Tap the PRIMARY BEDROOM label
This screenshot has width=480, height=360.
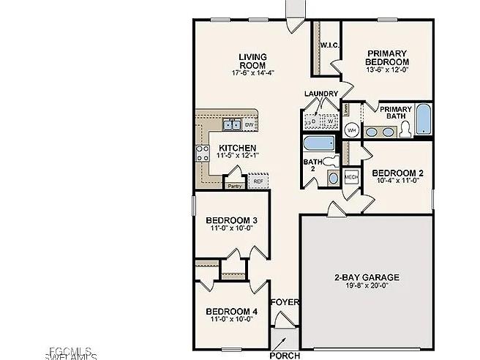coord(387,58)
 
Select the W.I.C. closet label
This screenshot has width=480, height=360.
coord(328,46)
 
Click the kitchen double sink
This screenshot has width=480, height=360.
coord(232,125)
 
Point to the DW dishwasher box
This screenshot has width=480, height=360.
coord(250,126)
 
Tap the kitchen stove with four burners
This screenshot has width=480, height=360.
coord(202,153)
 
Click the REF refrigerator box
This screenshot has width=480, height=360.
coord(258,181)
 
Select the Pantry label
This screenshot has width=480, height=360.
coord(234,186)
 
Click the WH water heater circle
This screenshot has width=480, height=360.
coord(351,130)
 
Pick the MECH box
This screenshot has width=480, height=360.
coord(351,176)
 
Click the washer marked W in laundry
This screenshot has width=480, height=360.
coord(330,121)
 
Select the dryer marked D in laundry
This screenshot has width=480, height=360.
coord(312,121)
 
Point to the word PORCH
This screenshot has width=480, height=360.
coord(285,356)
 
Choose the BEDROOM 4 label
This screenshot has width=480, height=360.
coord(231,312)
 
